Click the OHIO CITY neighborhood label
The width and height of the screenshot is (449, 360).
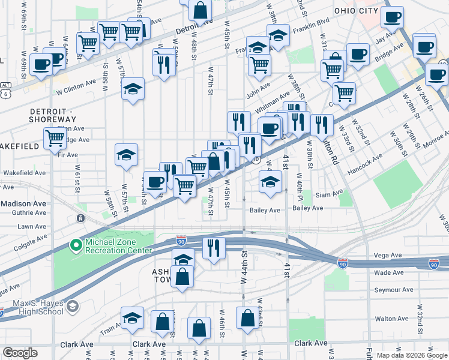[357, 11]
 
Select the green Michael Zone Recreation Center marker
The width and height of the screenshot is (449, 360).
[76, 245]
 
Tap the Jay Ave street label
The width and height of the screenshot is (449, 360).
[386, 40]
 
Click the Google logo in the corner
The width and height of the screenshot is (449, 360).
[20, 353]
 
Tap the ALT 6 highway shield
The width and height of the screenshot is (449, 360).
[5, 90]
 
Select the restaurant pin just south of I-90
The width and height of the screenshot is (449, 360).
[214, 248]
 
